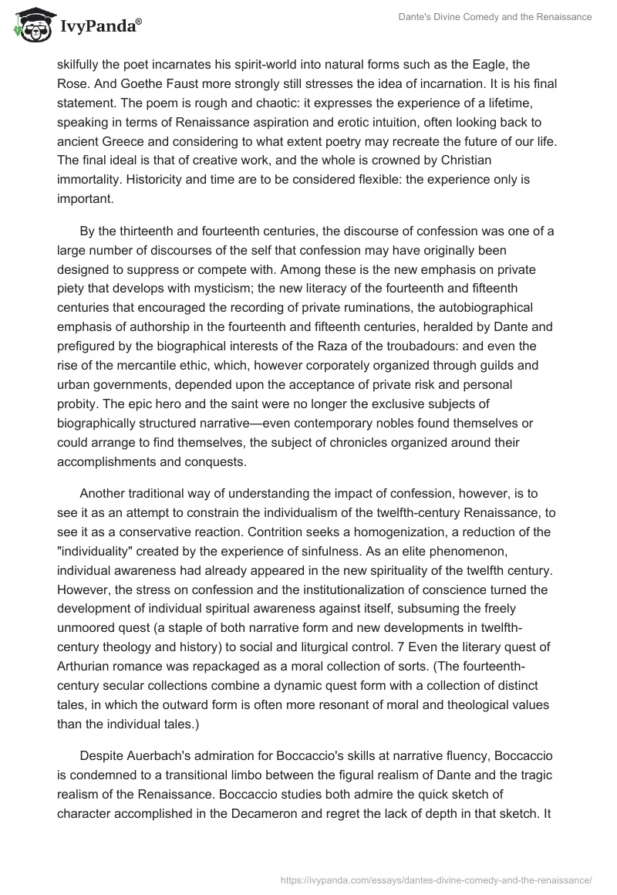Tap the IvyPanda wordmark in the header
point(99,25)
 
